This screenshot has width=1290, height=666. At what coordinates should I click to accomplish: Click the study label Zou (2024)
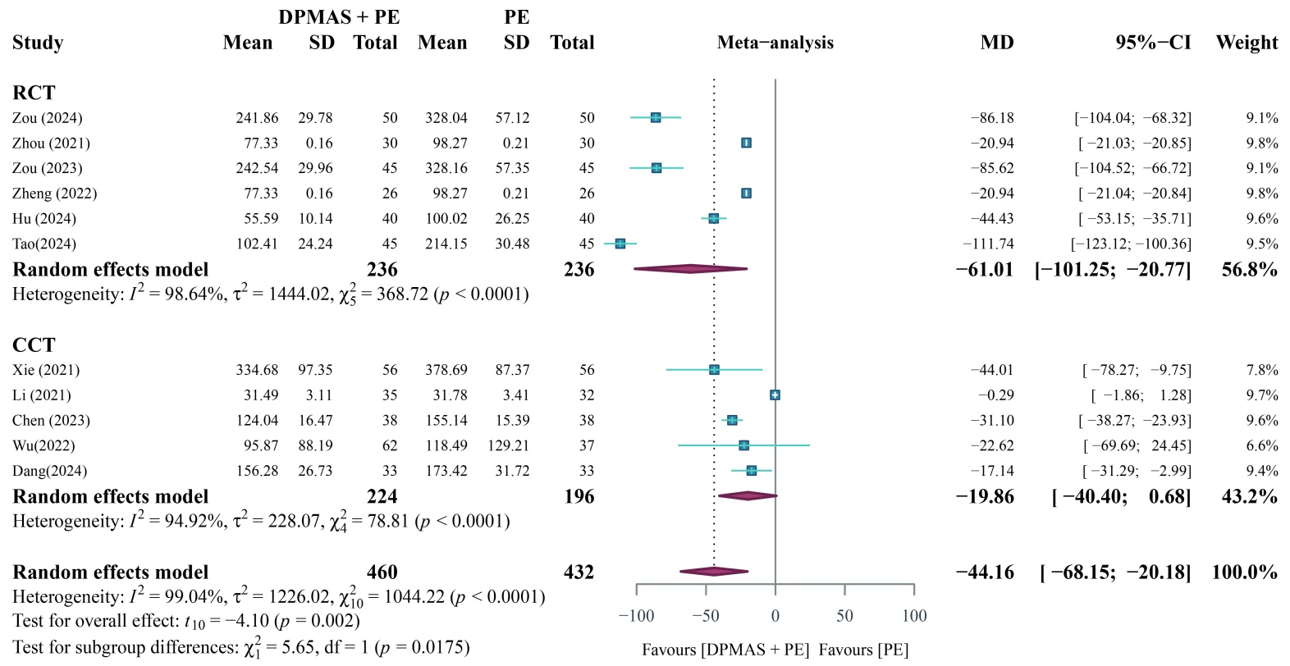point(47,118)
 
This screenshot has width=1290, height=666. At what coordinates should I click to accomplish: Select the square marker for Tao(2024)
point(620,244)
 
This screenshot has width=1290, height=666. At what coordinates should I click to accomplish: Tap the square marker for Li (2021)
point(775,395)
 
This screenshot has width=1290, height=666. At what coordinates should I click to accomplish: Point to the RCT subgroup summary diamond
point(691,269)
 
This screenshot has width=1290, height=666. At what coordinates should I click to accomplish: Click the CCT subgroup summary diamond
point(748,496)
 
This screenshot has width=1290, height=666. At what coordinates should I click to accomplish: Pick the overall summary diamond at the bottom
point(714,572)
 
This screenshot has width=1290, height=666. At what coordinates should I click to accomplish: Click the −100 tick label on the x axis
point(636,616)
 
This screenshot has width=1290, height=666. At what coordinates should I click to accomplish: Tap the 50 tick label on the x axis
point(844,616)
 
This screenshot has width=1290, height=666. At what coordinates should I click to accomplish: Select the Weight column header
point(1247,43)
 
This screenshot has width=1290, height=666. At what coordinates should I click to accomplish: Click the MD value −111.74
point(988,244)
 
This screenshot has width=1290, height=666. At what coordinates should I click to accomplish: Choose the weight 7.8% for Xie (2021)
point(1262,370)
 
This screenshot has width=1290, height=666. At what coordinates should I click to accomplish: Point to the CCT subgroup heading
point(34,344)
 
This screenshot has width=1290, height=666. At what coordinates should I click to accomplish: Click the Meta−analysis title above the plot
point(775,43)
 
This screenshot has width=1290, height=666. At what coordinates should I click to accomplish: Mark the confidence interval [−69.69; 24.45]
point(1137,445)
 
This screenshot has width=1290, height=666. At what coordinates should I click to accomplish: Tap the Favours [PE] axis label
point(863,650)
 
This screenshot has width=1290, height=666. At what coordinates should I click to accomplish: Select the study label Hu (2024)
point(44,219)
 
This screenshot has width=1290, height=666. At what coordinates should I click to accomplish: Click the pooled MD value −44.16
point(985,572)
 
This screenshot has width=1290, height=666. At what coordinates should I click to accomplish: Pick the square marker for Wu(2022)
point(743,445)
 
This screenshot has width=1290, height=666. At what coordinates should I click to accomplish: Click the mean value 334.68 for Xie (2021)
point(257,370)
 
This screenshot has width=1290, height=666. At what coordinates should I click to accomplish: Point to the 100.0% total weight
point(1244,572)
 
